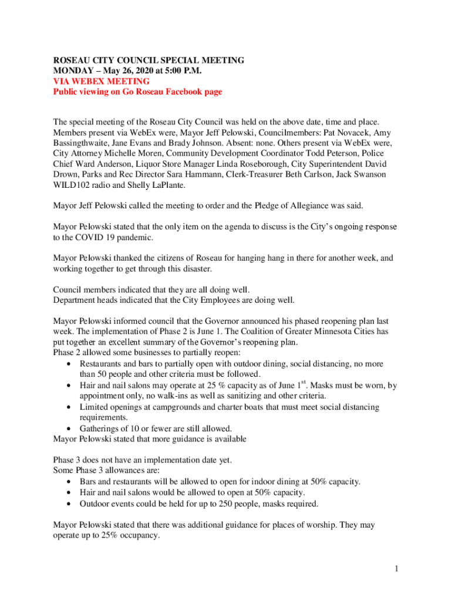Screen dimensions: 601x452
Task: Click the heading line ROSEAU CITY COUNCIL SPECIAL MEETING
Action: click(149, 60)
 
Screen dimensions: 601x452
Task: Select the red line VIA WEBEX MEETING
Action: click(101, 82)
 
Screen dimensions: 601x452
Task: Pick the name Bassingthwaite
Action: click(80, 144)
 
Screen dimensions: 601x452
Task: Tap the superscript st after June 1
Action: click(303, 383)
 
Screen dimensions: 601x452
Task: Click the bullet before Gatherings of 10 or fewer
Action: click(69, 428)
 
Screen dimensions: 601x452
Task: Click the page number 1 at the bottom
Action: click(397, 568)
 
